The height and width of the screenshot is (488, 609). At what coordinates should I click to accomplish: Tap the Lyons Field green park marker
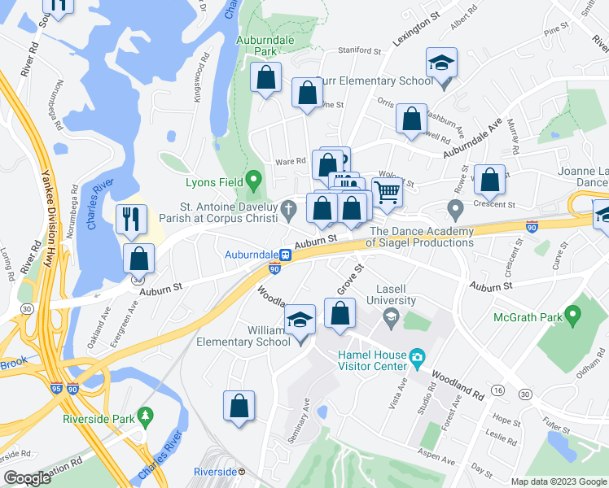tap(253, 178)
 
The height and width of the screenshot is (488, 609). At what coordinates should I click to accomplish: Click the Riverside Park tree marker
tap(146, 416)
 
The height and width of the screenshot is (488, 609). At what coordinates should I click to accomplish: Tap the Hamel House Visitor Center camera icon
tap(417, 356)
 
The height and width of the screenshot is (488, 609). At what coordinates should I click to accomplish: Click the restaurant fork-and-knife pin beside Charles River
tap(129, 218)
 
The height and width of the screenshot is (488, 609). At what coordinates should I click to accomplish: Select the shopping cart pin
tap(388, 193)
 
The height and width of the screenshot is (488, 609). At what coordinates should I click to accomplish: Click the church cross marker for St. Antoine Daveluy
tap(289, 211)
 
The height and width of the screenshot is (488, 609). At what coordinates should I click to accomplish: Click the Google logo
tap(28, 478)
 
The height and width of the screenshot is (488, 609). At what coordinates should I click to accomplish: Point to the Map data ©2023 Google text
tap(558, 481)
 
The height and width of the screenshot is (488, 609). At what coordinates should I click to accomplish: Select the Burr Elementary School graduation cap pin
tap(441, 62)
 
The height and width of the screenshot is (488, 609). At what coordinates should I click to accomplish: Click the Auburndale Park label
tap(256, 45)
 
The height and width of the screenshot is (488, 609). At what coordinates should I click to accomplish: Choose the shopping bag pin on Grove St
tap(340, 313)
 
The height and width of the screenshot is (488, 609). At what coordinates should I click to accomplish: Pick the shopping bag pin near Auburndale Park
tap(265, 78)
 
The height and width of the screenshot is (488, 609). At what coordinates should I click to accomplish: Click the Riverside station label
tap(215, 472)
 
